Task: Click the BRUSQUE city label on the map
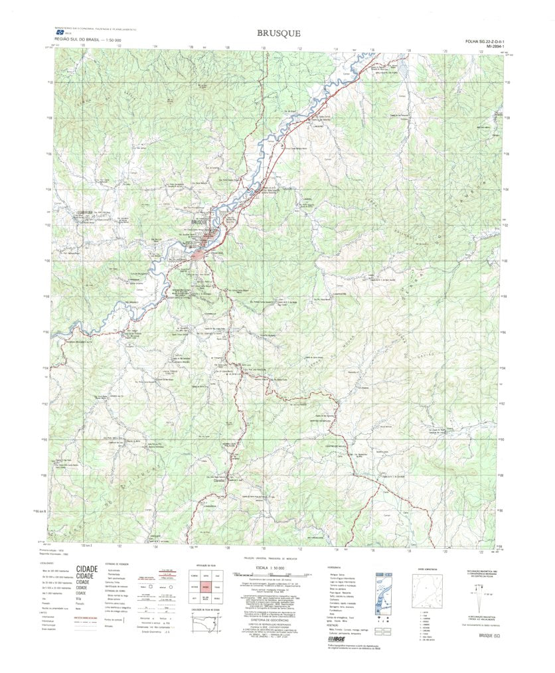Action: (199, 222)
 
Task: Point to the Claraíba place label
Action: (220, 481)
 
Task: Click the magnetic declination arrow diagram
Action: (481, 595)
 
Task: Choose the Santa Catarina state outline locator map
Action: (208, 625)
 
